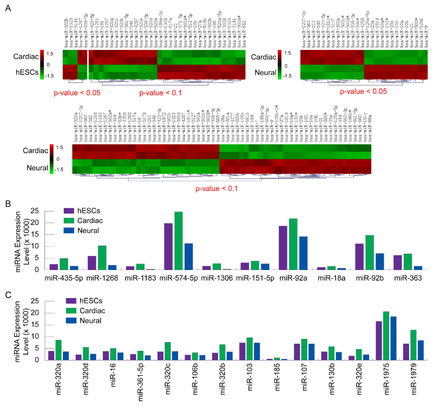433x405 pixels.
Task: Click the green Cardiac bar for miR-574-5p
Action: tap(179, 241)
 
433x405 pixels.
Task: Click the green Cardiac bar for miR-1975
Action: tap(386, 336)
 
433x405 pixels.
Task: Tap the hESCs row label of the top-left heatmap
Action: tap(28, 71)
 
